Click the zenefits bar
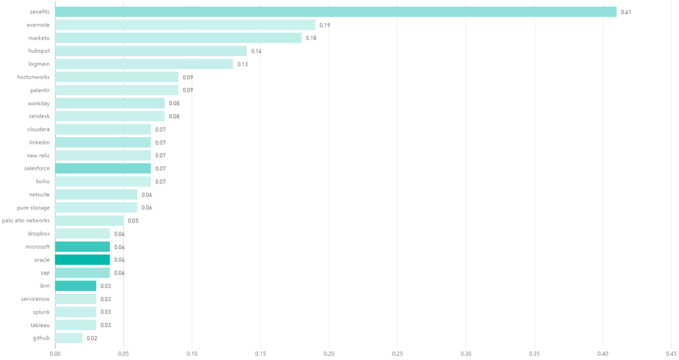pyautogui.click(x=336, y=12)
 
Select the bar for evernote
pyautogui.click(x=185, y=25)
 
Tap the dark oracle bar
pyautogui.click(x=83, y=260)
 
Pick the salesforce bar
pyautogui.click(x=103, y=169)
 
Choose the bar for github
pyautogui.click(x=68, y=338)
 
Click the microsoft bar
pyautogui.click(x=83, y=247)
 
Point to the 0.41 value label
pyautogui.click(x=626, y=12)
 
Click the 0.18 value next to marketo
pyautogui.click(x=311, y=38)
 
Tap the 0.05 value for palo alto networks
pyautogui.click(x=133, y=221)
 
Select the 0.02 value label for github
pyautogui.click(x=92, y=338)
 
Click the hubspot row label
pyautogui.click(x=39, y=51)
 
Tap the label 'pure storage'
pyautogui.click(x=33, y=208)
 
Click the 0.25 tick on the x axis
pyautogui.click(x=397, y=353)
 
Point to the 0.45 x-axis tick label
pyautogui.click(x=671, y=353)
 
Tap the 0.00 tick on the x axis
pyautogui.click(x=55, y=353)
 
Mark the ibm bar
pyautogui.click(x=75, y=286)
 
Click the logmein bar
pyautogui.click(x=144, y=64)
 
